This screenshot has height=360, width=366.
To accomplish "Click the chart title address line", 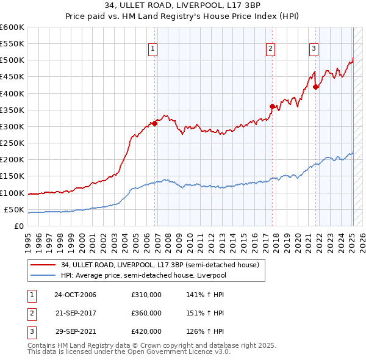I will click(x=182, y=5).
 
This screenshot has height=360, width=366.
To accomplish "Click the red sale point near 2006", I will click(x=155, y=123).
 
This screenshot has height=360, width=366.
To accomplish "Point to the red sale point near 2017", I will click(x=272, y=107).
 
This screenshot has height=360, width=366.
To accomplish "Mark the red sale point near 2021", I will click(x=315, y=87).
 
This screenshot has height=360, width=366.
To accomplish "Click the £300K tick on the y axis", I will click(x=12, y=126).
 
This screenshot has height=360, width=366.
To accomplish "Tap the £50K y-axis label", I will click(x=15, y=209).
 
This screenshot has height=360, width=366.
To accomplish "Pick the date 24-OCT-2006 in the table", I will click(x=75, y=295).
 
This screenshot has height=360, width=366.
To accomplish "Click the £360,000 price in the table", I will click(x=146, y=313).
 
